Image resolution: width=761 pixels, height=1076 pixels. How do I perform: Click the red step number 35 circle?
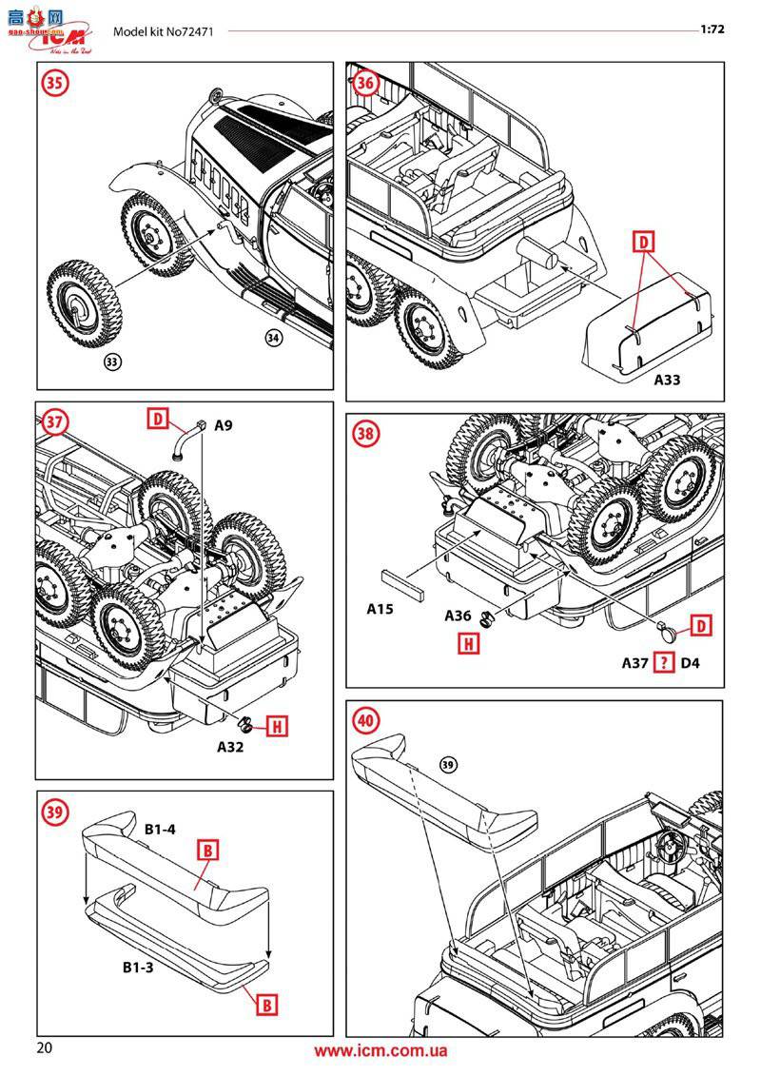click(56, 83)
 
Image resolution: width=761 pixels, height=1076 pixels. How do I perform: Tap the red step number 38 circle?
click(365, 434)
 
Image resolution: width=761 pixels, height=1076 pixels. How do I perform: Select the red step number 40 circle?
click(365, 720)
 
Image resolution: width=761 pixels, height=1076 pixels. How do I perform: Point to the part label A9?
click(223, 425)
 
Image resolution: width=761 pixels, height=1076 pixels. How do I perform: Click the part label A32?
click(230, 747)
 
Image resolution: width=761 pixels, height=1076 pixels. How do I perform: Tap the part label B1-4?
click(160, 830)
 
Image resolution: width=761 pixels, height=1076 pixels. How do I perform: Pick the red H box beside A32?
click(275, 727)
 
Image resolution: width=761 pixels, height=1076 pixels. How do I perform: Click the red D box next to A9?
click(158, 417)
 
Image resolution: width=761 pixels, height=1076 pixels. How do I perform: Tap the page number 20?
click(44, 1049)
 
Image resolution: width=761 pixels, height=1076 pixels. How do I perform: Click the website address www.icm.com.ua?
click(380, 1051)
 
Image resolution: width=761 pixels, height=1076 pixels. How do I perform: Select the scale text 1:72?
click(712, 29)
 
